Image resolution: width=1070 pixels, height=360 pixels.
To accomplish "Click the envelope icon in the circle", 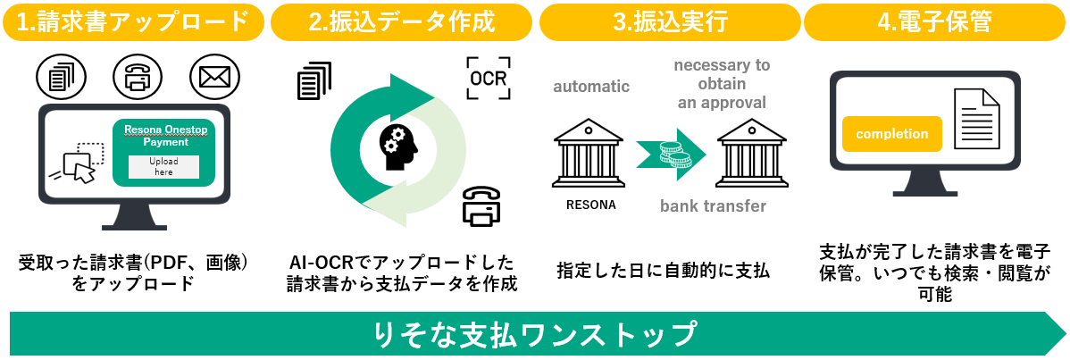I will point(214,78).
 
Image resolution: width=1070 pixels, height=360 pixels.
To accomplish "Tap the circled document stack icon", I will point(60,78).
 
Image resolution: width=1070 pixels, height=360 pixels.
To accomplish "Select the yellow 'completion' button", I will point(891,134).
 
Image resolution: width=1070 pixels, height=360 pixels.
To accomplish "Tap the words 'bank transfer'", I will point(713,206).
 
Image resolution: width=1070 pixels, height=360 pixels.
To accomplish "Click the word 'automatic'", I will point(591,87).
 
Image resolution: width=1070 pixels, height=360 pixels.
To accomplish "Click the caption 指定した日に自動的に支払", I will point(663,269).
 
